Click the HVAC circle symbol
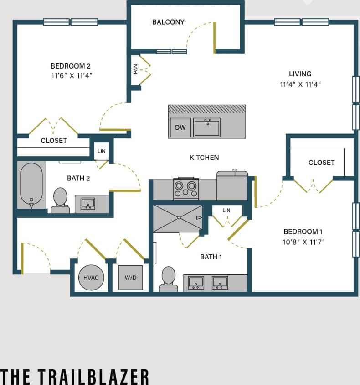[x=91, y=277]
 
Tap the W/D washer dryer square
[x=130, y=277]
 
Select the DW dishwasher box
[x=180, y=127]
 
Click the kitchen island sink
[x=207, y=127]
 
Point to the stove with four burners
[x=186, y=188]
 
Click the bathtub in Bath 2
[x=31, y=185]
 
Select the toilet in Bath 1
[x=169, y=279]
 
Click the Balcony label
[x=168, y=22]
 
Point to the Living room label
[x=300, y=74]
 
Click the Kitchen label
[x=204, y=158]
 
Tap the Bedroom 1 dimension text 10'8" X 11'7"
[x=303, y=242]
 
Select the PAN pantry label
[x=135, y=69]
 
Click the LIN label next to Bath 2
[x=101, y=151]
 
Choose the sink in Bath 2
[x=87, y=203]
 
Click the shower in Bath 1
[x=178, y=218]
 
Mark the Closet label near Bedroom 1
[x=321, y=163]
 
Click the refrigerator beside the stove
[x=232, y=186]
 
